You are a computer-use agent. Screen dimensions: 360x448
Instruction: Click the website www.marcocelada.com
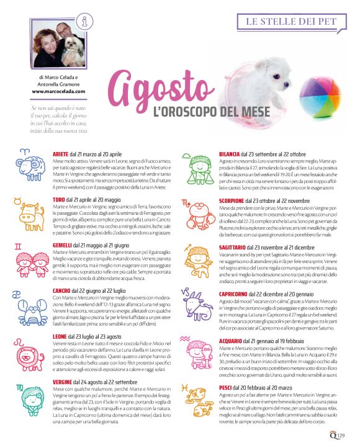(x=58, y=91)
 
